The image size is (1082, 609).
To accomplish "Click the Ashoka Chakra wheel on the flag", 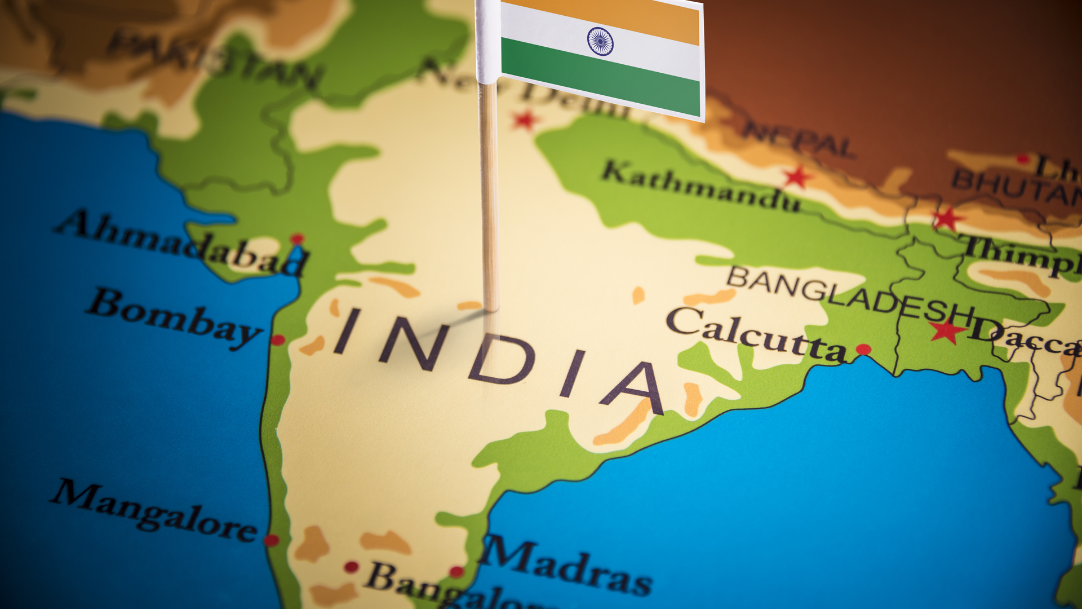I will (x=600, y=42).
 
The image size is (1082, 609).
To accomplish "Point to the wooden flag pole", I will (x=489, y=197).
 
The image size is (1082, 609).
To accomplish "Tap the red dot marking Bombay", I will (x=278, y=340).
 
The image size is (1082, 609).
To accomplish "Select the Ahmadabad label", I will (x=180, y=243).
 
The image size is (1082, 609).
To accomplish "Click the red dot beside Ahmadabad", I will (x=297, y=239).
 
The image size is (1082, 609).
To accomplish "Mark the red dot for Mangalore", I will (x=272, y=540).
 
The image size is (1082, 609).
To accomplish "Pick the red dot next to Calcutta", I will (x=863, y=350).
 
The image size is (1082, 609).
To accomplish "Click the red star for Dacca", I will (x=948, y=332).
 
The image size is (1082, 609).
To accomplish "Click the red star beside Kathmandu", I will (x=797, y=178).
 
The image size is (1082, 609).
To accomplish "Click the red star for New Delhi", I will (x=525, y=120).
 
